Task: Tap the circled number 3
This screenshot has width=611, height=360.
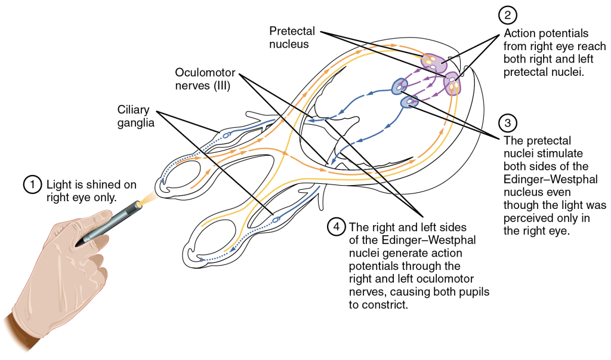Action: click(508, 124)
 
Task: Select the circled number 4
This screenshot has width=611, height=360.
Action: click(337, 227)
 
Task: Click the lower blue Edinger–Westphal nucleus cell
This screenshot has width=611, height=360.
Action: click(409, 103)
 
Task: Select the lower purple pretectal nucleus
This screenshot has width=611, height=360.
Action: click(453, 82)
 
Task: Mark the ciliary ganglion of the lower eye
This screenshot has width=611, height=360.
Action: click(276, 220)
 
